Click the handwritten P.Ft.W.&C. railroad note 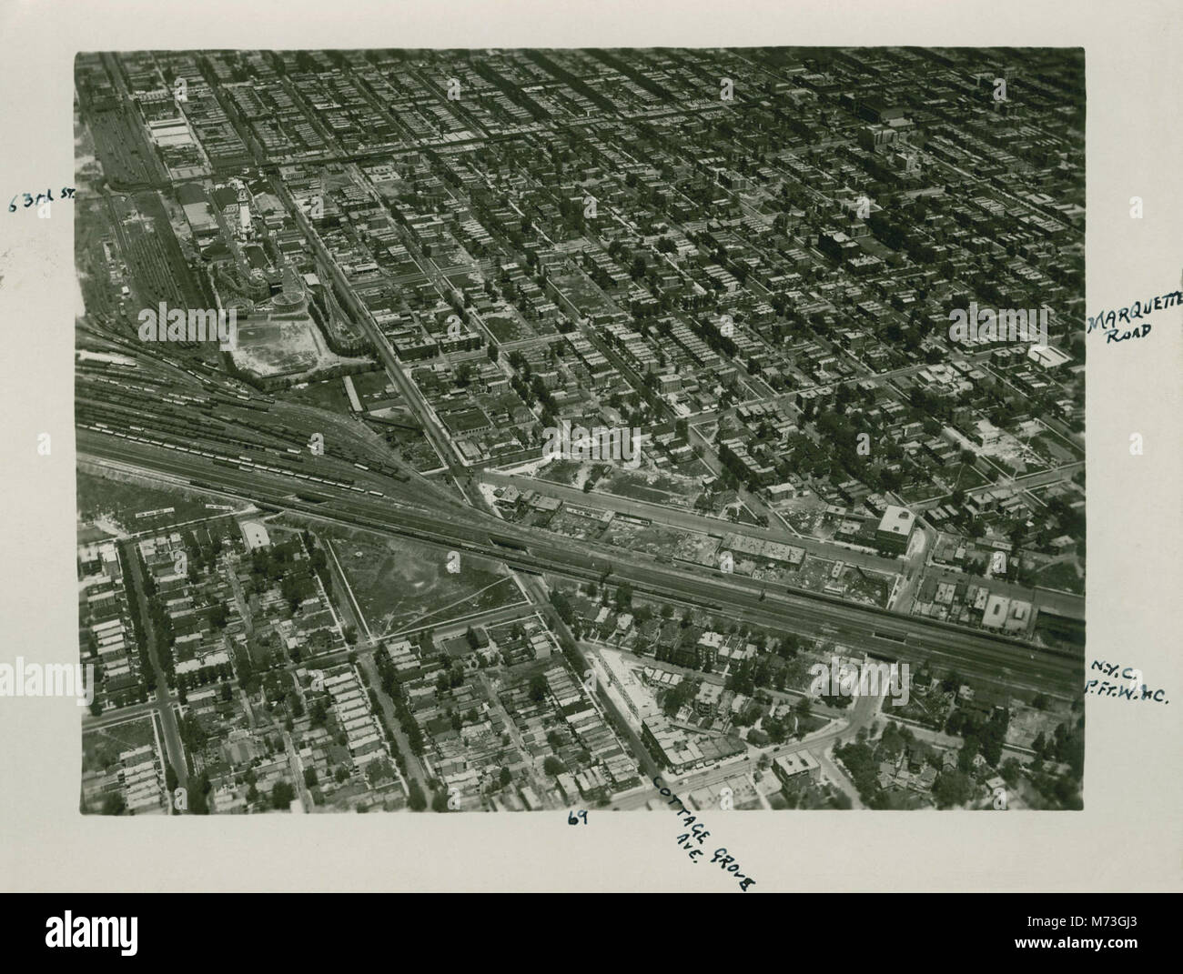coord(1125,694)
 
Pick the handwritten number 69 coord(577,818)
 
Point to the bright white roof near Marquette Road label coord(1049,356)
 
